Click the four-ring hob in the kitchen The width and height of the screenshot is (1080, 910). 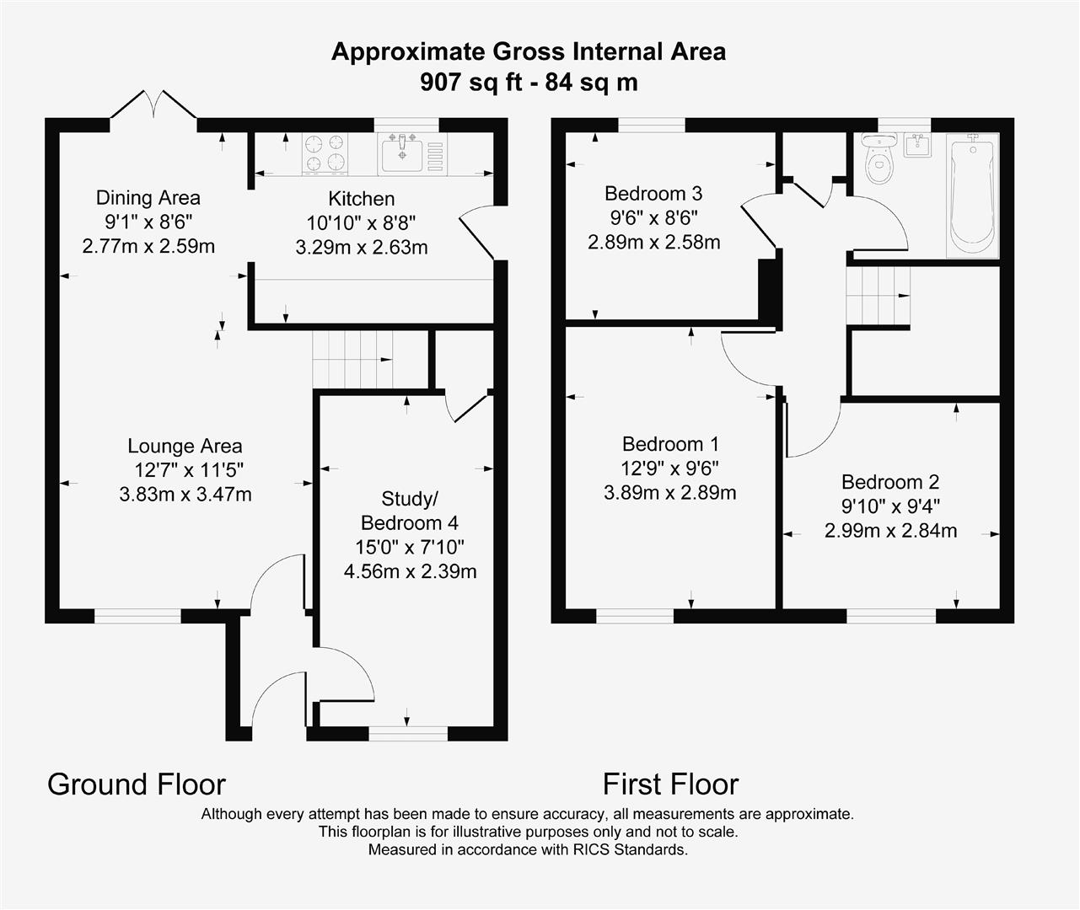pos(325,154)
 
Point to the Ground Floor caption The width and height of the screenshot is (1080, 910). pos(137,784)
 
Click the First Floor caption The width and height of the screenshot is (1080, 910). pos(670,784)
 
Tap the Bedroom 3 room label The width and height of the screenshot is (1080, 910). pos(653,193)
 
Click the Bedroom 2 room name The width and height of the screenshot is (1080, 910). pos(889,482)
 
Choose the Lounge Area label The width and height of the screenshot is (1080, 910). pos(185,446)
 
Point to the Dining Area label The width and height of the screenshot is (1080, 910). pos(148,198)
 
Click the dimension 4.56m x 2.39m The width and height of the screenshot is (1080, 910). pos(410,571)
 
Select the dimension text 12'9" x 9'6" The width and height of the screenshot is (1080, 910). pos(669,468)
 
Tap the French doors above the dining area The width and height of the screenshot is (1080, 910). pos(153,105)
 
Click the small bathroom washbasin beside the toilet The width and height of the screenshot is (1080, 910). pos(916,144)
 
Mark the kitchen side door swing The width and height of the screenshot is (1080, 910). pos(477,232)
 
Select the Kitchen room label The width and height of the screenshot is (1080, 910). pos(361,199)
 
